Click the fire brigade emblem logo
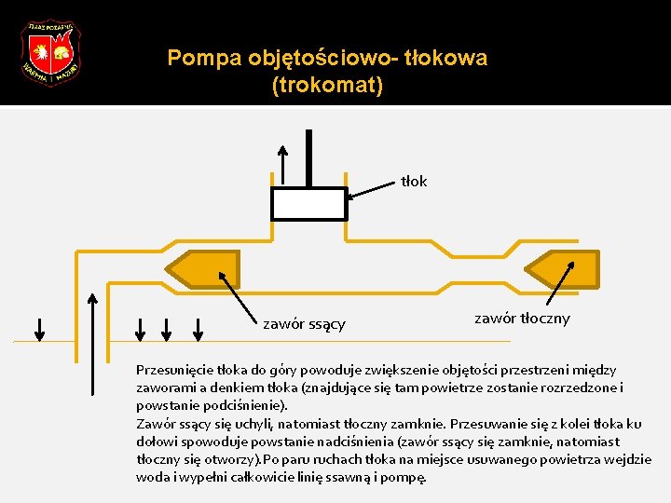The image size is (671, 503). (x=50, y=52)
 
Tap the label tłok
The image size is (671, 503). (x=414, y=181)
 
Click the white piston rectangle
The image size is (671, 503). (x=309, y=204)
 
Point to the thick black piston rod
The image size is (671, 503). (x=308, y=158)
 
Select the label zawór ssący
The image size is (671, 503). (x=304, y=324)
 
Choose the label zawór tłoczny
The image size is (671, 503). (x=522, y=319)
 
